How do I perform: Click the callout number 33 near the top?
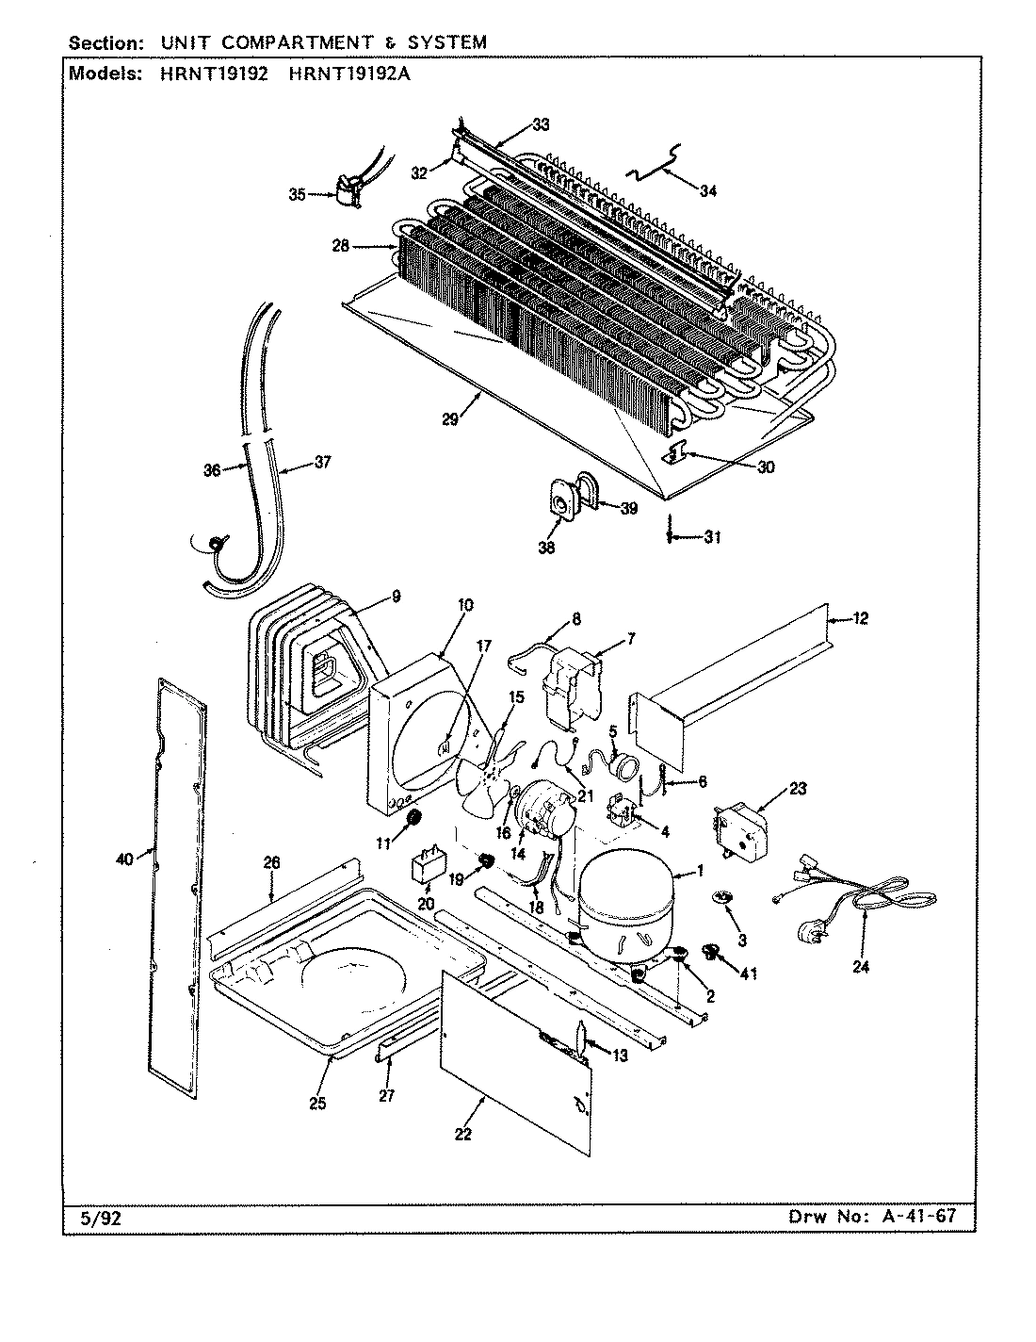(x=541, y=123)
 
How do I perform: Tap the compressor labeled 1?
(x=624, y=905)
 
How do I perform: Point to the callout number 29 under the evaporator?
(x=450, y=419)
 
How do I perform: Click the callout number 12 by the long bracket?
(x=861, y=618)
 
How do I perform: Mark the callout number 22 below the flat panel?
(x=462, y=1134)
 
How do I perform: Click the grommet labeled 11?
(x=411, y=819)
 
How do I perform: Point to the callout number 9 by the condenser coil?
(x=396, y=596)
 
